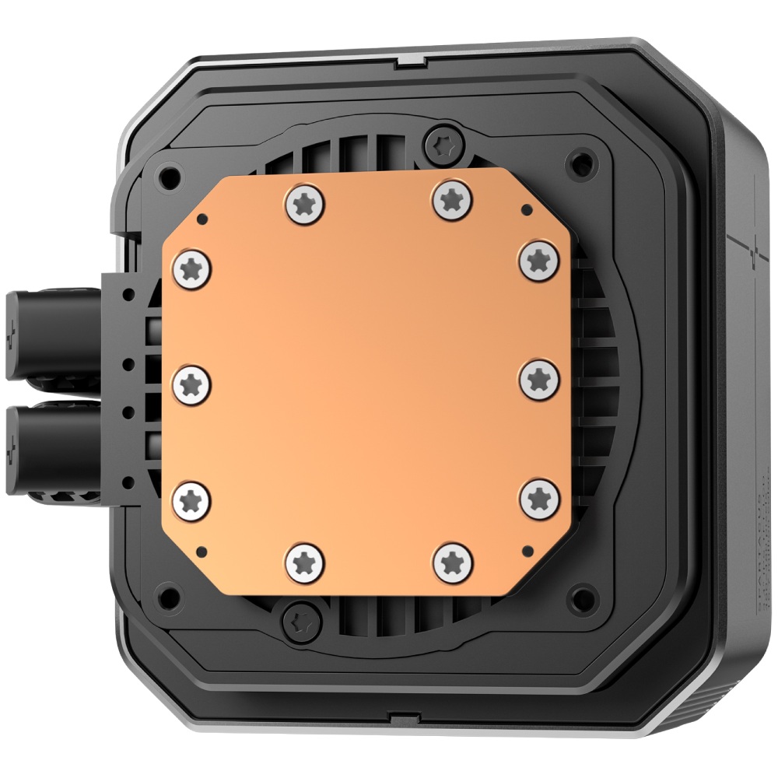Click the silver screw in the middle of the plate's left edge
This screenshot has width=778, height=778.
click(x=190, y=382)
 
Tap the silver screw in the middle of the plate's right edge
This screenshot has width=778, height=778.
click(x=535, y=379)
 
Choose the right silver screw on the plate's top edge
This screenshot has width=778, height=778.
click(x=450, y=200)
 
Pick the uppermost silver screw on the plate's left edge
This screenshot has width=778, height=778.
click(x=190, y=270)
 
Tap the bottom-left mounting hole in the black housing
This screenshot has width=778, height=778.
click(x=166, y=599)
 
